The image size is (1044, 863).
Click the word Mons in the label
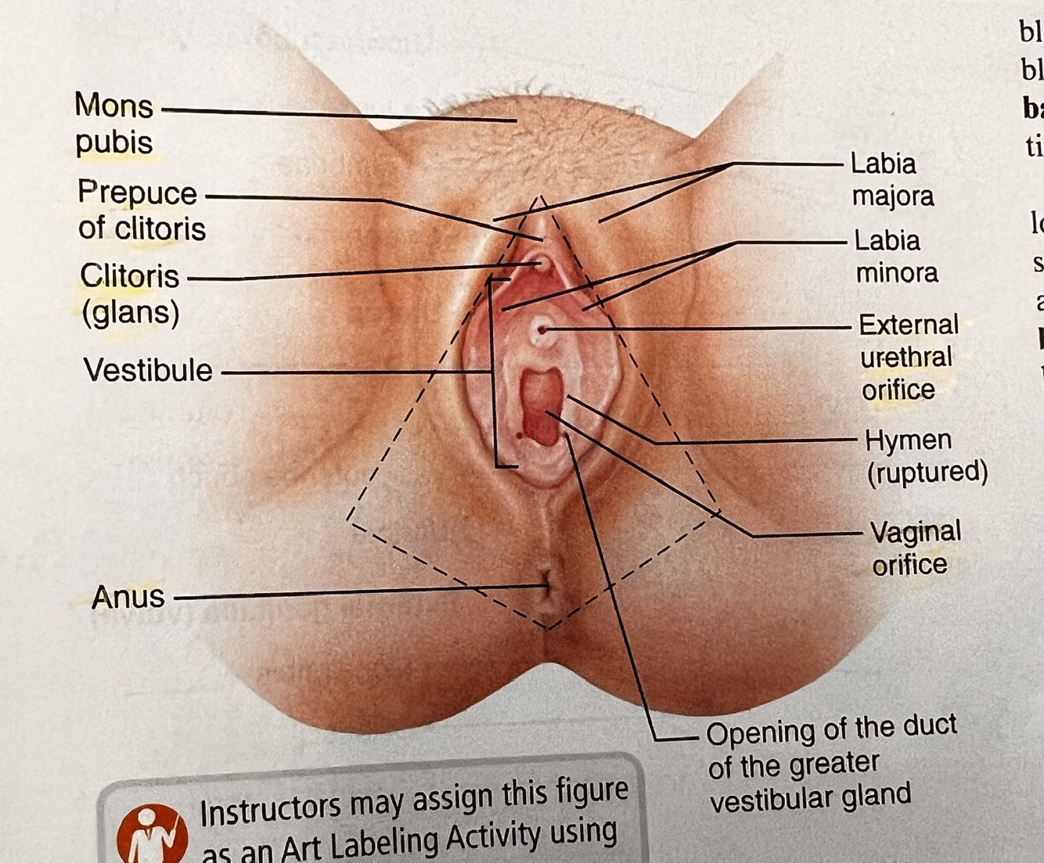pyautogui.click(x=113, y=105)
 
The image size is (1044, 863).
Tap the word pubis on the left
pyautogui.click(x=113, y=143)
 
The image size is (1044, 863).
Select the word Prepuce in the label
pyautogui.click(x=137, y=192)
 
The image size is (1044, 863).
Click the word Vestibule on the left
pyautogui.click(x=148, y=370)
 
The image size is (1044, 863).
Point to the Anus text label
pyautogui.click(x=128, y=597)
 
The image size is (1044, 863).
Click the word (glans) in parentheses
pyautogui.click(x=131, y=312)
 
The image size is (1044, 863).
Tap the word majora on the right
pyautogui.click(x=892, y=196)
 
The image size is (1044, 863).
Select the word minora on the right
pyautogui.click(x=896, y=272)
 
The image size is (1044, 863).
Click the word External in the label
pyautogui.click(x=908, y=324)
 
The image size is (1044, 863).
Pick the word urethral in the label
pyautogui.click(x=906, y=357)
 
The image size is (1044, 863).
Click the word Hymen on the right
pyautogui.click(x=908, y=440)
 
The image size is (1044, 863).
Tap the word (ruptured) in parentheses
pyautogui.click(x=927, y=472)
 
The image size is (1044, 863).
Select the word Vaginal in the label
pyautogui.click(x=916, y=532)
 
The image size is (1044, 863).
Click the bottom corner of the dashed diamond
pyautogui.click(x=549, y=627)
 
